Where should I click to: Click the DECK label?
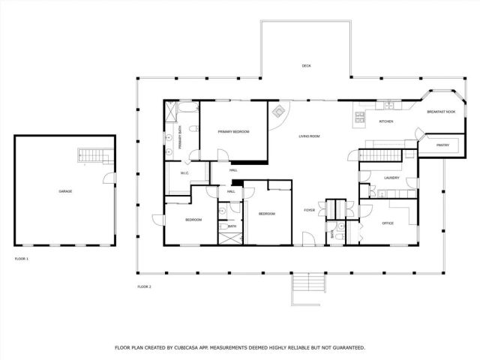pyautogui.click(x=306, y=66)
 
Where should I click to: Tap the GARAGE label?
pyautogui.click(x=65, y=191)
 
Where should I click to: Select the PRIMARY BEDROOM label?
pyautogui.click(x=233, y=132)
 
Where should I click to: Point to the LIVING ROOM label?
pyautogui.click(x=310, y=136)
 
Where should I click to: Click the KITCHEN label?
pyautogui.click(x=386, y=121)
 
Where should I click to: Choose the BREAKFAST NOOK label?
pyautogui.click(x=440, y=111)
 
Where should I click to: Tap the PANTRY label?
pyautogui.click(x=443, y=145)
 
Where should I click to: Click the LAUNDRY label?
pyautogui.click(x=391, y=178)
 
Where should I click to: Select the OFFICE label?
pyautogui.click(x=388, y=223)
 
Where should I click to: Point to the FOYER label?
pyautogui.click(x=309, y=210)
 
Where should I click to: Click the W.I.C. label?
pyautogui.click(x=184, y=174)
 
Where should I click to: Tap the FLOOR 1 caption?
pyautogui.click(x=21, y=259)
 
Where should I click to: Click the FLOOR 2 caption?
pyautogui.click(x=144, y=287)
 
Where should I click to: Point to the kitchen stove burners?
pyautogui.click(x=360, y=117)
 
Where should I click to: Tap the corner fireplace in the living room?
pyautogui.click(x=278, y=112)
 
